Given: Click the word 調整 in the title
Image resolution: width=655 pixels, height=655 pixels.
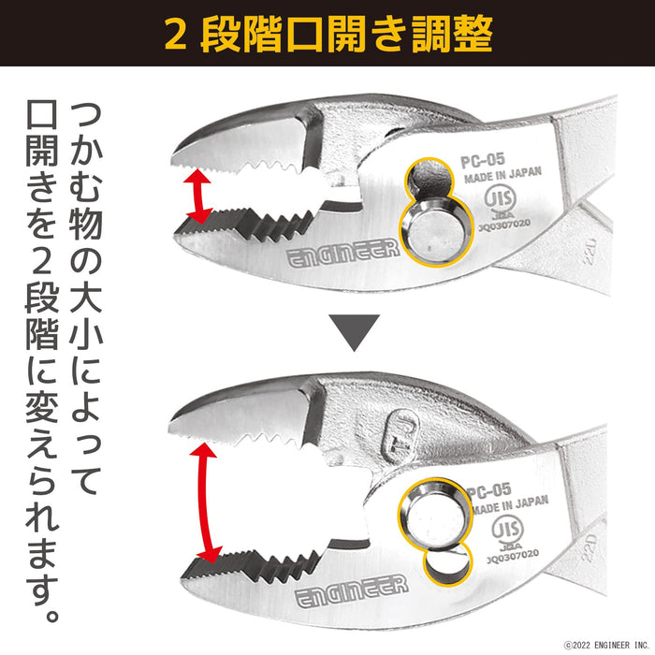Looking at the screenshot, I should click(x=451, y=35).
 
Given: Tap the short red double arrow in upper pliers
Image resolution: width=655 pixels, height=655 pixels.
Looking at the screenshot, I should click(x=197, y=195).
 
